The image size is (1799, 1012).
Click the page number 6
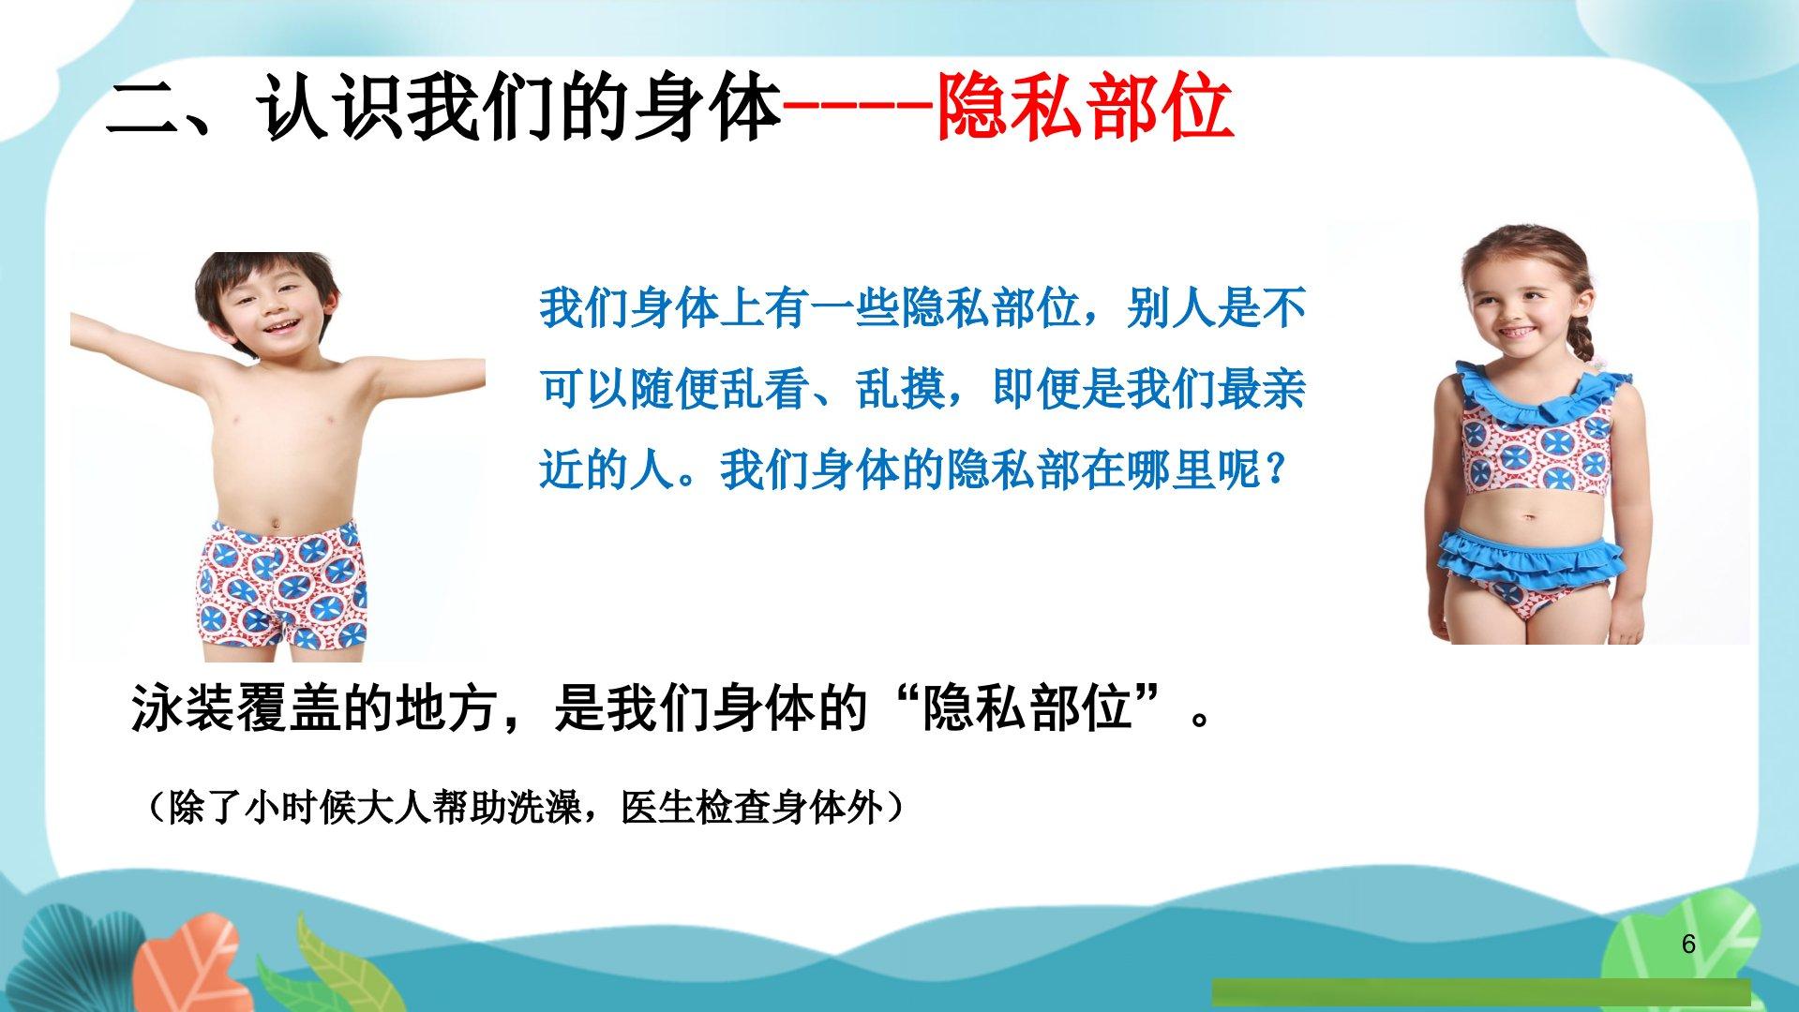coord(1688,944)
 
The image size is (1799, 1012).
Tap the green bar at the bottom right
coord(1480,992)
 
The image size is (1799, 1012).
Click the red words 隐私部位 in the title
coord(1085,110)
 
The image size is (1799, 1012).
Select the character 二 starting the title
coord(142,110)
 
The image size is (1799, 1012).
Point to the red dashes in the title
coord(859,110)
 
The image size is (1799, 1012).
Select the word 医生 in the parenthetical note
coord(658,808)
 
